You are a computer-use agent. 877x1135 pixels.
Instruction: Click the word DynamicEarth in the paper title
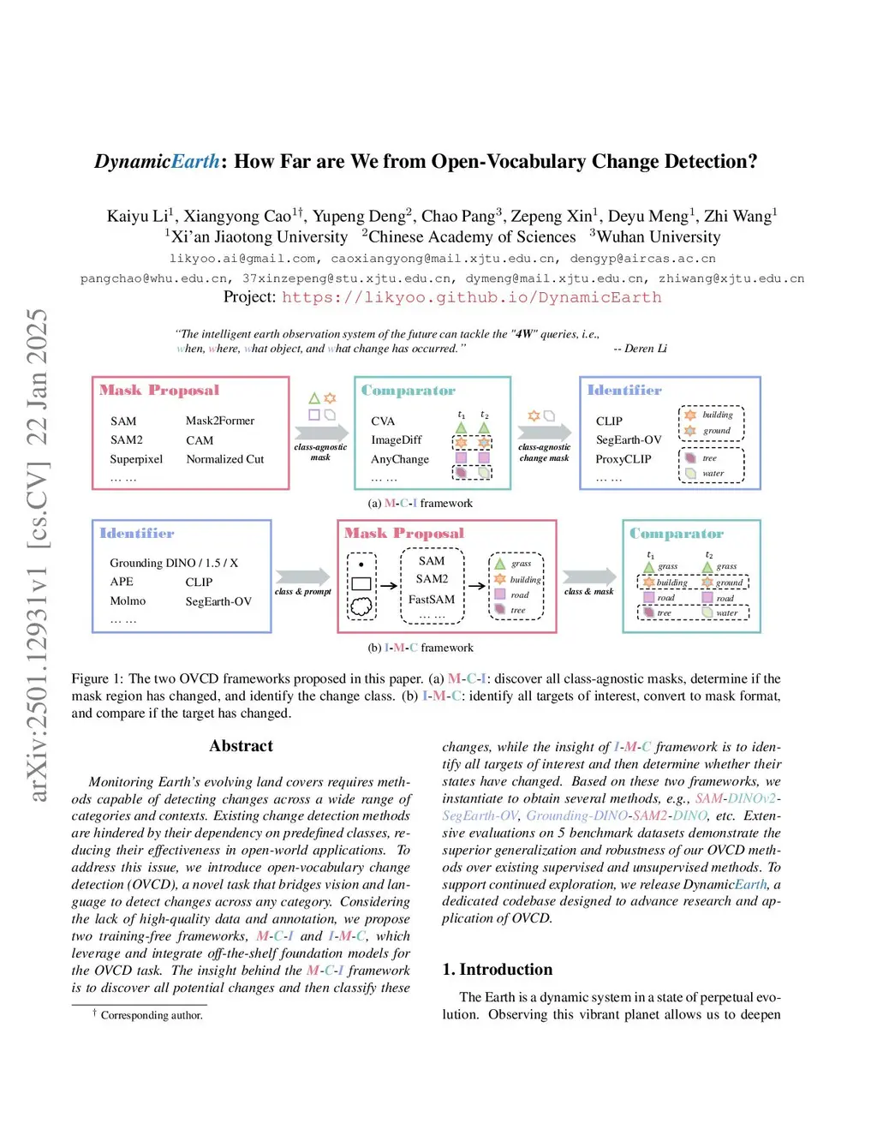pos(157,162)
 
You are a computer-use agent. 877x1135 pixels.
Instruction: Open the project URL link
pos(471,297)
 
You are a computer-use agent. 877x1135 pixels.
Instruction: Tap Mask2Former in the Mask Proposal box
pos(220,421)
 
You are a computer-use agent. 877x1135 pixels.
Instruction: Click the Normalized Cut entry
pos(225,459)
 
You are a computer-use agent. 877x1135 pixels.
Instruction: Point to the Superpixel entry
pos(136,459)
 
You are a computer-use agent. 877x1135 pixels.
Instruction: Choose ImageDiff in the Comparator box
pos(397,440)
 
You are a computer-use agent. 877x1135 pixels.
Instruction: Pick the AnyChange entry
pos(400,459)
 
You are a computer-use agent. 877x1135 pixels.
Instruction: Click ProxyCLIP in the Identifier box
pos(623,459)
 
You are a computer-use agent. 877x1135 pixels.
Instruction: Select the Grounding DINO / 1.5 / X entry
pos(174,563)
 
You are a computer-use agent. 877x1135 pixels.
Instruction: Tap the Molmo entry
pos(128,601)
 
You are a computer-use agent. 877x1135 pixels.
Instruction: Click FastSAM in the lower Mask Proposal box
pos(432,600)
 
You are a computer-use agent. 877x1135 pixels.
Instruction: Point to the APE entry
pos(122,582)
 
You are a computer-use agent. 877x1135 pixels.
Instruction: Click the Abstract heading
pos(242,746)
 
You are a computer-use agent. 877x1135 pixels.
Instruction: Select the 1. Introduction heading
pos(498,970)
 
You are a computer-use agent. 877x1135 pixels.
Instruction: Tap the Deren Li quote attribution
pos(641,349)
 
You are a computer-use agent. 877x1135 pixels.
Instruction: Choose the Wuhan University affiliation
pos(658,237)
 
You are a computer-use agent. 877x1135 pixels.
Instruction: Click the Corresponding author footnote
pos(152,1015)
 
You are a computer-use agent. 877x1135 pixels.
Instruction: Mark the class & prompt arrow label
pos(303,592)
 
